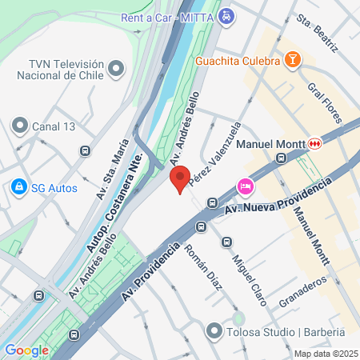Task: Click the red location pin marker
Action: click(x=180, y=178)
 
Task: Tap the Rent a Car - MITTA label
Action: click(x=166, y=16)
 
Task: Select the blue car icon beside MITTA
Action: click(x=227, y=16)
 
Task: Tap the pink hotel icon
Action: click(x=245, y=186)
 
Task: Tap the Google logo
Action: click(x=26, y=350)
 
